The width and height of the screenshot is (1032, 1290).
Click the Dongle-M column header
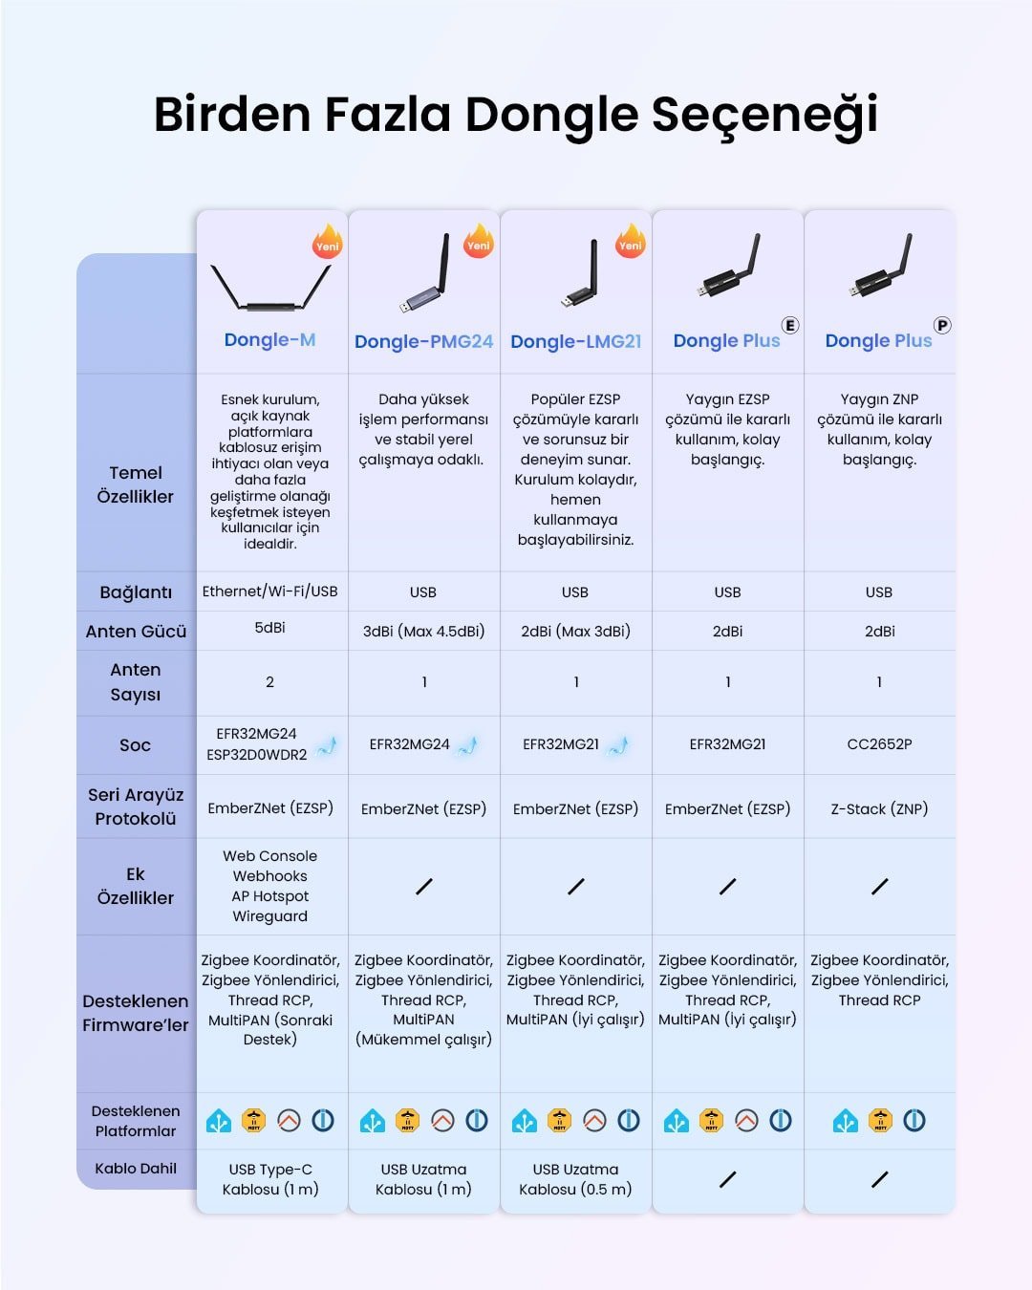[269, 340]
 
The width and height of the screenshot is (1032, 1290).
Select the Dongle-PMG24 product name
[423, 341]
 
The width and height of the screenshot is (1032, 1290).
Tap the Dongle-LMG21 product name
[575, 341]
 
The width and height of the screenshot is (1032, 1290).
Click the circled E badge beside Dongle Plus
[790, 325]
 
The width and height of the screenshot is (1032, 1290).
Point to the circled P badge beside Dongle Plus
[942, 325]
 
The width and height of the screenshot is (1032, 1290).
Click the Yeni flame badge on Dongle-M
[327, 242]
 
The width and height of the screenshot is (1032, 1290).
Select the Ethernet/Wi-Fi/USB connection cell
[269, 591]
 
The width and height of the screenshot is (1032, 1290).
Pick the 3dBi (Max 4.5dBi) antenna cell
[423, 631]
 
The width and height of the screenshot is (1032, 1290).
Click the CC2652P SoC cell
[879, 744]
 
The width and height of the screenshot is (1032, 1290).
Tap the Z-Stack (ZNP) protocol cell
[879, 808]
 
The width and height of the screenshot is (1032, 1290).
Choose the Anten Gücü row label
[136, 631]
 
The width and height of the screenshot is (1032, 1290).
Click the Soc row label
[136, 744]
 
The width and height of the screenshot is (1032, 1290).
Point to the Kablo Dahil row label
[136, 1168]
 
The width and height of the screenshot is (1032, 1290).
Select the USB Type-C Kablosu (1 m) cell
[269, 1179]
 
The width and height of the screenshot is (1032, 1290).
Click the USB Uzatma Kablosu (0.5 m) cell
[575, 1179]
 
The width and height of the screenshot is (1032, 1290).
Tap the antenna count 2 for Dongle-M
[269, 682]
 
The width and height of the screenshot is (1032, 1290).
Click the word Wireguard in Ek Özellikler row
[269, 916]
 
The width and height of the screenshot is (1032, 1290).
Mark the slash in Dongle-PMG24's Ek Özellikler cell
[423, 887]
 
